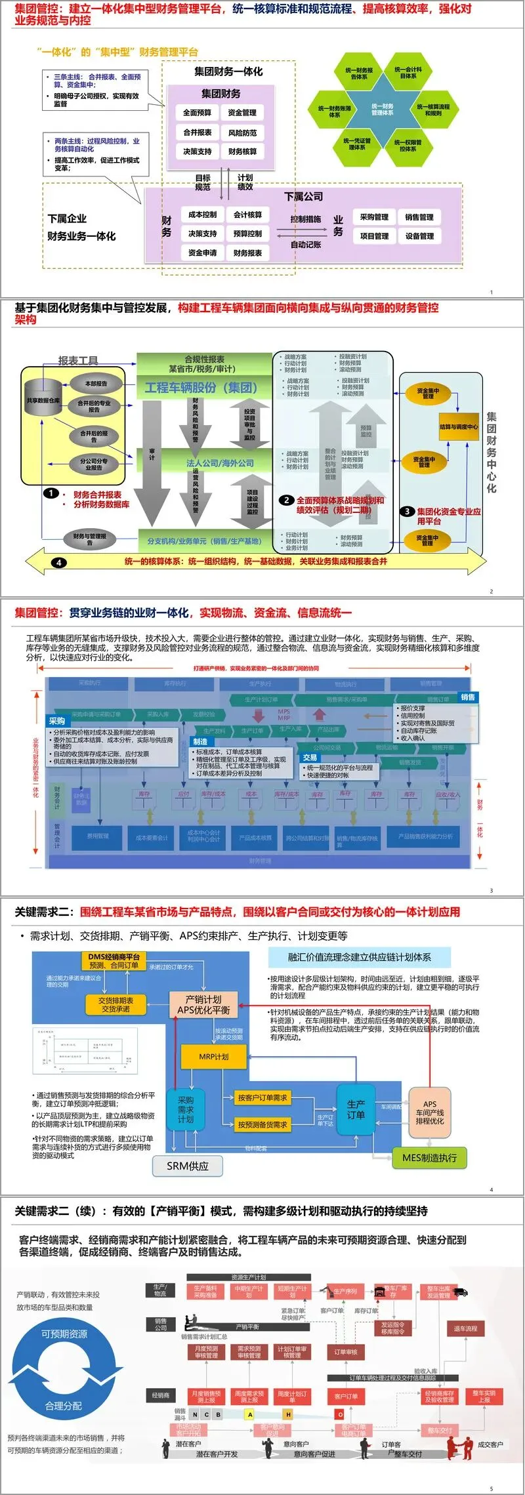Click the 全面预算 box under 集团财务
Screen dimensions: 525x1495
tap(197, 113)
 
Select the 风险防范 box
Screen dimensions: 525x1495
tap(242, 133)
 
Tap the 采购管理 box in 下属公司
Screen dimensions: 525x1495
tap(374, 217)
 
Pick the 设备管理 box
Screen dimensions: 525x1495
tap(419, 236)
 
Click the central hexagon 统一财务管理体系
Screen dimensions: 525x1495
tap(383, 109)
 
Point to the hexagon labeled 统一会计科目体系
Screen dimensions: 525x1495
tap(408, 72)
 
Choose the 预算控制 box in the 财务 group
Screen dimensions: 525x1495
tap(247, 234)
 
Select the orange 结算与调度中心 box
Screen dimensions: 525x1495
tap(459, 426)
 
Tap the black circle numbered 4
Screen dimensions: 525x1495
tap(59, 562)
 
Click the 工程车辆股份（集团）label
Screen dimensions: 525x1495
tap(201, 388)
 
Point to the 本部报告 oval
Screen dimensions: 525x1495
tap(96, 384)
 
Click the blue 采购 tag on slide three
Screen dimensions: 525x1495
tap(57, 720)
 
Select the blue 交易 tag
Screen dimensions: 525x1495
tap(310, 757)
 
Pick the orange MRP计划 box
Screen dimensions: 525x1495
tap(214, 1057)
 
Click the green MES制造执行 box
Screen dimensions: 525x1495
tap(429, 1158)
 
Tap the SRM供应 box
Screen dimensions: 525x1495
tap(188, 1166)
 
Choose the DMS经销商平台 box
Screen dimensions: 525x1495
tap(114, 961)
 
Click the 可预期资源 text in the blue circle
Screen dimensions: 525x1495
tap(64, 1334)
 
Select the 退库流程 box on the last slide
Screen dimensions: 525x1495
tap(465, 1329)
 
